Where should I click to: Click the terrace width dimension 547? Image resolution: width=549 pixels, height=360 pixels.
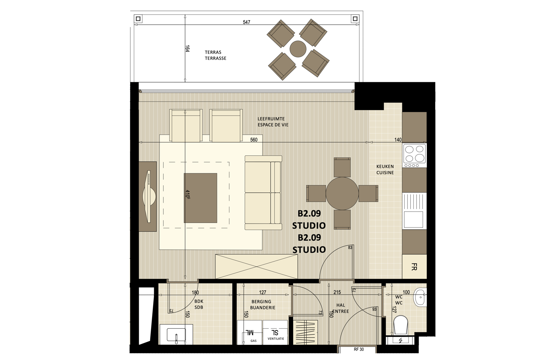pos(247,22)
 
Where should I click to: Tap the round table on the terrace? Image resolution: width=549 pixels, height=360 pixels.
pos(298,49)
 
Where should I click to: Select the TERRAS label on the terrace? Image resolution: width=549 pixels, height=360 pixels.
pos(213,52)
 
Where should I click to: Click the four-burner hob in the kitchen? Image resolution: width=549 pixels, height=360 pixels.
pos(414,155)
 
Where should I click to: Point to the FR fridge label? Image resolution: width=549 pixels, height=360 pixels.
pos(414,266)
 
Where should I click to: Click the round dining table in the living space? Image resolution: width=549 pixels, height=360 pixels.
pos(342,193)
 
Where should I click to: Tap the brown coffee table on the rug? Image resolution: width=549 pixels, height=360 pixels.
pos(201,198)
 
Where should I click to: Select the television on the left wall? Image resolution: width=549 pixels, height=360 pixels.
pos(149,197)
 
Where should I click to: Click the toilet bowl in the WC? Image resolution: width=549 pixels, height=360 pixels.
pos(400,325)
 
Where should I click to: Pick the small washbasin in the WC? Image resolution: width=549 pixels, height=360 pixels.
pos(420,297)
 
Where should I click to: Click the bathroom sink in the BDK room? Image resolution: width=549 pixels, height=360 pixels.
pos(176,335)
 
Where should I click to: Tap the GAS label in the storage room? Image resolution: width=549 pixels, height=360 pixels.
pos(253,341)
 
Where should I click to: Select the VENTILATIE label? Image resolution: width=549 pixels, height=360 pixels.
pos(276,339)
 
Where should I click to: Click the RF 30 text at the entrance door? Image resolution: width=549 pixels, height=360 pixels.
pos(359,349)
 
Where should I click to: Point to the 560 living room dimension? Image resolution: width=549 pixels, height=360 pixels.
pos(254,140)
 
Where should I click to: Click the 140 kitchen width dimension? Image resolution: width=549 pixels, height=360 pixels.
pos(398,140)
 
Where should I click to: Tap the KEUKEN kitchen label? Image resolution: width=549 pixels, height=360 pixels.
pos(385,167)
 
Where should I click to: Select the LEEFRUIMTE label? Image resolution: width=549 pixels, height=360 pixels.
pos(271,119)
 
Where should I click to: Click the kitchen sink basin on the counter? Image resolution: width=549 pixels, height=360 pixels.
pos(413,219)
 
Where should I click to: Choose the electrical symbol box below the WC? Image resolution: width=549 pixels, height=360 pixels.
pos(400,340)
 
